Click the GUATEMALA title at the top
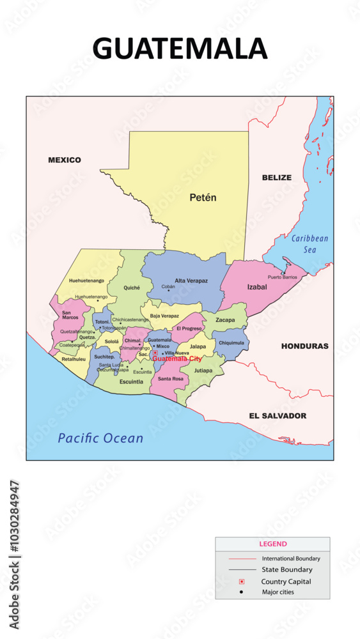click(180, 49)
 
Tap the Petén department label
click(203, 198)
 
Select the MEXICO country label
click(65, 160)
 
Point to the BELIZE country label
click(276, 178)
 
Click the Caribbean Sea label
click(310, 244)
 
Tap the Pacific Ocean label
click(100, 438)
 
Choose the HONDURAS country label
click(304, 346)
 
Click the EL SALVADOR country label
click(278, 416)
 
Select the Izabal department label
click(257, 288)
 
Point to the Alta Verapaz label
click(191, 281)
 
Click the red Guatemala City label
click(177, 359)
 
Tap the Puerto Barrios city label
click(283, 277)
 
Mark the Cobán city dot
click(169, 291)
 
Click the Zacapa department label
click(225, 319)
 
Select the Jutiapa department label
click(203, 370)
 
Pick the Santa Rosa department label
click(170, 379)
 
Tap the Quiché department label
click(131, 288)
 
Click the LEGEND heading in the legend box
click(272, 544)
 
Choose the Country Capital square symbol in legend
click(242, 581)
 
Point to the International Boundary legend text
click(291, 558)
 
